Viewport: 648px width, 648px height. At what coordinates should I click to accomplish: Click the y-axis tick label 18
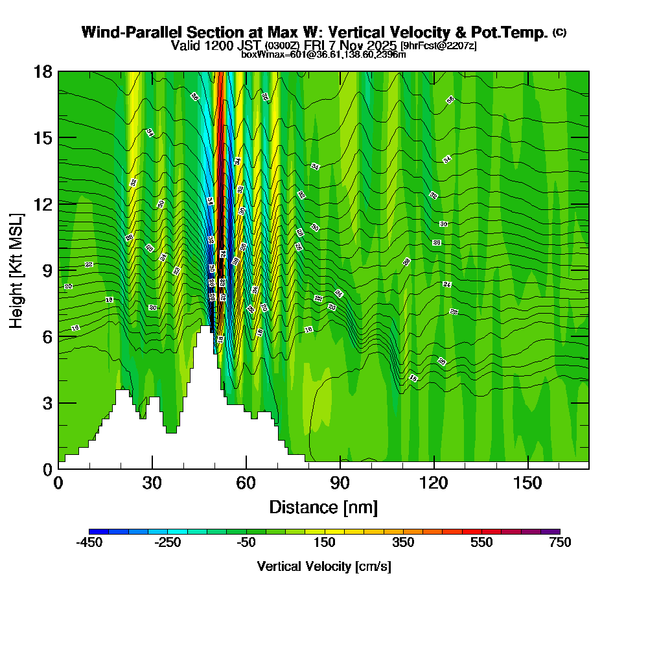[x=43, y=71]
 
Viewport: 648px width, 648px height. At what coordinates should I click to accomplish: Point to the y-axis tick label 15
[x=43, y=138]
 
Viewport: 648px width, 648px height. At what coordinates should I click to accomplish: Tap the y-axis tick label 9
[x=47, y=270]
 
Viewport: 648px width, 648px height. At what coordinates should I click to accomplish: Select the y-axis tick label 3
[x=47, y=402]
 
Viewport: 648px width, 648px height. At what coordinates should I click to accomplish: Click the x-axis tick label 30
[x=152, y=483]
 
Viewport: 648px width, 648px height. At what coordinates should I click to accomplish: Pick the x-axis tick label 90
[x=340, y=483]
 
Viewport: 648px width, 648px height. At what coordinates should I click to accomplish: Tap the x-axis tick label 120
[x=434, y=483]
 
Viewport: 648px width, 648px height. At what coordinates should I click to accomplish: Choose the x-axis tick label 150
[x=528, y=483]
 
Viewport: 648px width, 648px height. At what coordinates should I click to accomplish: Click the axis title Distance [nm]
[x=323, y=507]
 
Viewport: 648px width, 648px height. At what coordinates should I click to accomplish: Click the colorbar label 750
[x=560, y=543]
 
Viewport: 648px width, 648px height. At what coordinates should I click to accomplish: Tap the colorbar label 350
[x=403, y=543]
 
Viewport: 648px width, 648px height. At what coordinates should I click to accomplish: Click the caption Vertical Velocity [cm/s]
[x=323, y=566]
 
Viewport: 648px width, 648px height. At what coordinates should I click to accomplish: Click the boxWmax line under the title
[x=323, y=54]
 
